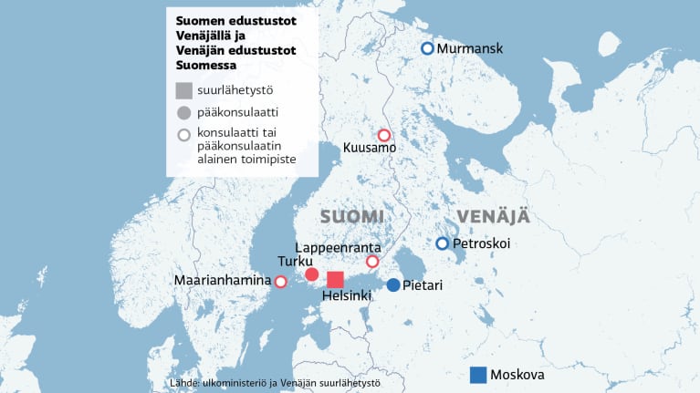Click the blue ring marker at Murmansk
click(x=427, y=49)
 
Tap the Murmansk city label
click(x=470, y=49)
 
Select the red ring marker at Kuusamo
click(x=384, y=135)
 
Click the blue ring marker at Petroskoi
click(x=442, y=243)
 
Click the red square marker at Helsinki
click(x=336, y=280)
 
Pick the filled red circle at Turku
click(x=311, y=274)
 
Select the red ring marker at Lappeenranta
click(x=371, y=262)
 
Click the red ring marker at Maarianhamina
click(x=280, y=282)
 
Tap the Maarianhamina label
click(x=223, y=282)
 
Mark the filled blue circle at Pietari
click(x=392, y=285)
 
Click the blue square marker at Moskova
click(x=478, y=375)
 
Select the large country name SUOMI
click(x=352, y=217)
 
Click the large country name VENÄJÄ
click(x=493, y=217)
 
